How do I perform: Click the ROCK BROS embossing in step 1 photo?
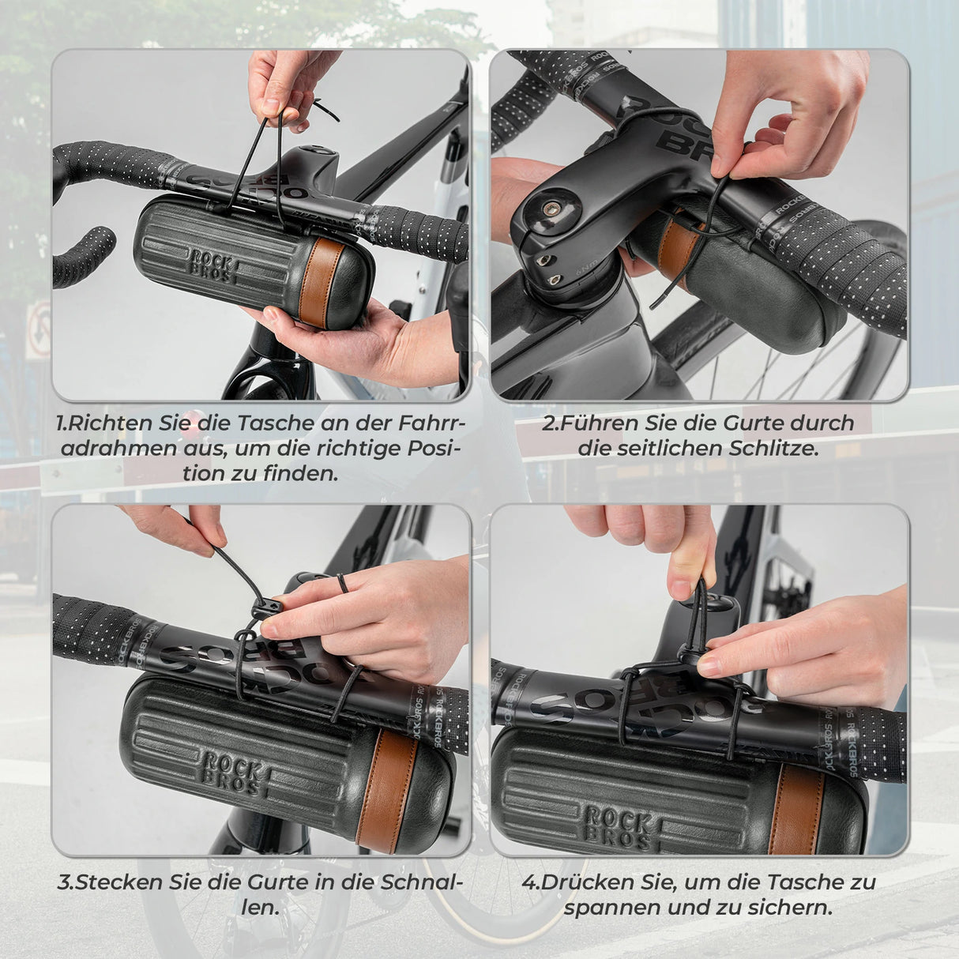[x=211, y=265]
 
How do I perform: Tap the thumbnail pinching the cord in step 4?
[x=680, y=588]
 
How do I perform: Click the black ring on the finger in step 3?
[x=340, y=585]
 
